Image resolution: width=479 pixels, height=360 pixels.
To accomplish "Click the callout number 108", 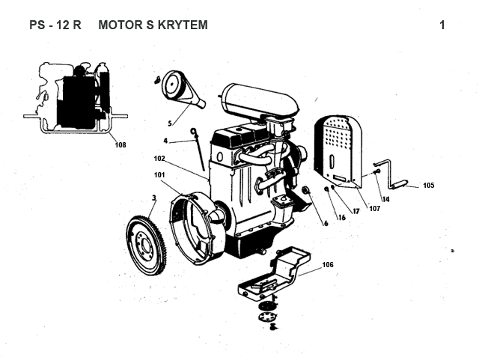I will click(x=120, y=145).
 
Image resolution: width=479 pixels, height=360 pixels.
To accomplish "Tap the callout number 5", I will click(x=170, y=123).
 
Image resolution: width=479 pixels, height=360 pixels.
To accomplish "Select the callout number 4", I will click(x=165, y=140).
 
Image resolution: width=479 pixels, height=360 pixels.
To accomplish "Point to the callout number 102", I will click(x=159, y=159).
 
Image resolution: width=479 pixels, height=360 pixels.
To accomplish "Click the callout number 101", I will click(x=159, y=175).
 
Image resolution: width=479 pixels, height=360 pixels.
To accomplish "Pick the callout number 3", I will click(x=153, y=198).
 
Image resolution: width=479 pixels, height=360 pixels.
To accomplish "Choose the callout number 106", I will click(x=328, y=265).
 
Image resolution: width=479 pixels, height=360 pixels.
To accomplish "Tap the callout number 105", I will click(x=428, y=185).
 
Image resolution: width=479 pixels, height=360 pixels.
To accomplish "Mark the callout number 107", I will click(x=374, y=208).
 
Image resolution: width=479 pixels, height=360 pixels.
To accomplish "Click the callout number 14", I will click(x=385, y=199).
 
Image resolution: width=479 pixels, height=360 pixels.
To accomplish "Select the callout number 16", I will click(x=341, y=218).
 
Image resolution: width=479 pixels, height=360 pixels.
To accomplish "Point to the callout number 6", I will click(x=326, y=222).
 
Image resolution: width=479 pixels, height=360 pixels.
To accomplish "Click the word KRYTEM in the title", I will click(x=180, y=25).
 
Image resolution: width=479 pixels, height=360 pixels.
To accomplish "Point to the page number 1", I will click(x=442, y=25).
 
